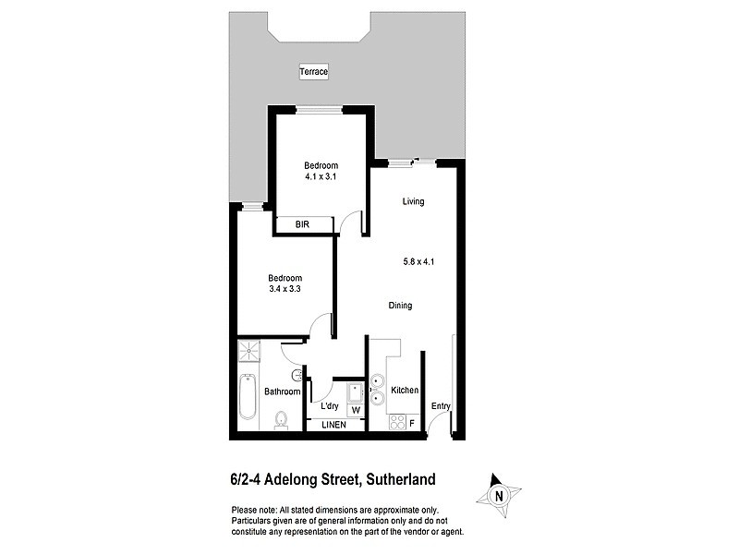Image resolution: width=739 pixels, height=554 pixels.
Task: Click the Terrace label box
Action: pos(314,71)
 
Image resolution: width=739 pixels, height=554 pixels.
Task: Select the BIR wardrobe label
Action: pos(302,224)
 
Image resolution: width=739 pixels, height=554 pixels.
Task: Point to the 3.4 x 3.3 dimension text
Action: pos(285,289)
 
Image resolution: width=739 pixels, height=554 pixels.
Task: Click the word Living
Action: pos(413,201)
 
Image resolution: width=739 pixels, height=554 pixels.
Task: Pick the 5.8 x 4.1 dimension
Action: pos(419,261)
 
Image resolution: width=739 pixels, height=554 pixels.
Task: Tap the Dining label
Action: pos(400,306)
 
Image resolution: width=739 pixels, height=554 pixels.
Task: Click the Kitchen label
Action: pos(405,391)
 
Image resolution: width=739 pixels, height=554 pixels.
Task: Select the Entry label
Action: pos(441,406)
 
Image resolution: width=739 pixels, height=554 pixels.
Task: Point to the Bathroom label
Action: pos(283,391)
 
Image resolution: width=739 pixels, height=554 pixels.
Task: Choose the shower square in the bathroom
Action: pos(250,352)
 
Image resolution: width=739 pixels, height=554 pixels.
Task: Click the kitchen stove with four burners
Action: pos(397,422)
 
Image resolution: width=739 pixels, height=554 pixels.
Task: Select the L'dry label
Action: pos(328,406)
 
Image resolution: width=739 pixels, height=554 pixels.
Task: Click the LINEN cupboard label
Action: pos(333,425)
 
